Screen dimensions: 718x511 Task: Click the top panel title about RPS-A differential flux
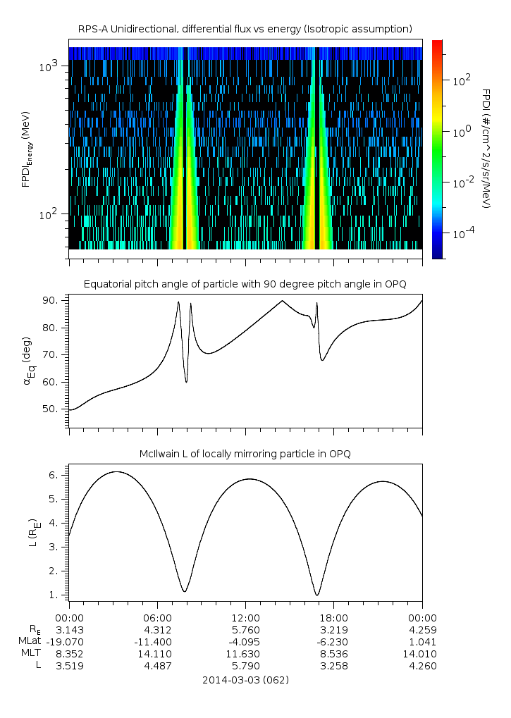tap(245, 29)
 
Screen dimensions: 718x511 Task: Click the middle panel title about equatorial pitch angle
tap(245, 284)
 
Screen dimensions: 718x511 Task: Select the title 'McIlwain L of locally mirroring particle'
tap(245, 454)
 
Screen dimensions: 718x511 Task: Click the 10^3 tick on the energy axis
tap(48, 67)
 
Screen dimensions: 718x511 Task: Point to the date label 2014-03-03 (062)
tap(245, 681)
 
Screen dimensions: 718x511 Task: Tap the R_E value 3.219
tap(334, 630)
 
